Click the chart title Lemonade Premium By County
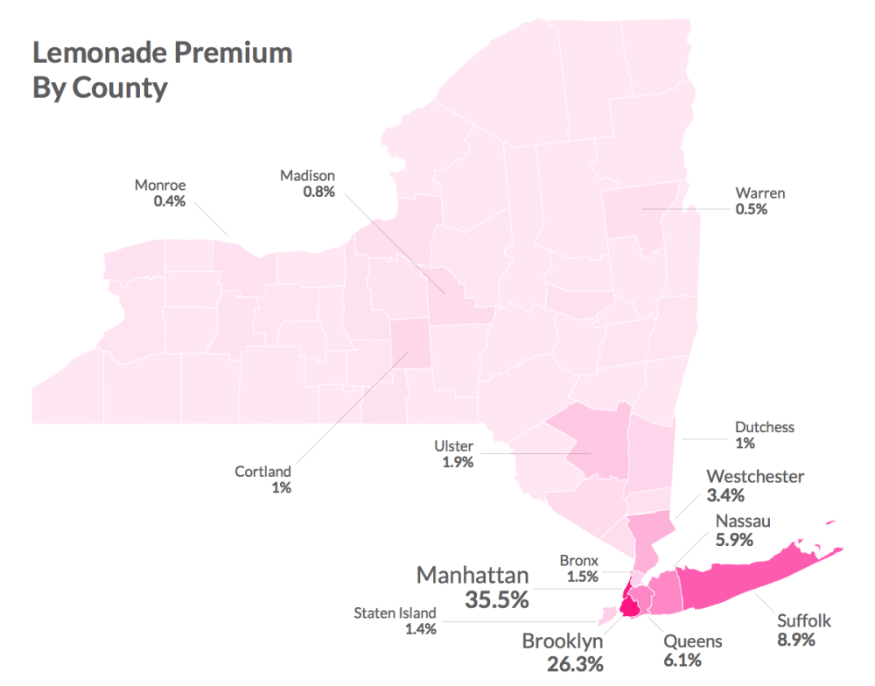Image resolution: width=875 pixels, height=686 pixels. click(162, 70)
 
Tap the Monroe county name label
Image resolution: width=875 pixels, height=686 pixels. click(160, 185)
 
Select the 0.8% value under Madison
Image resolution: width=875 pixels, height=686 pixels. click(319, 192)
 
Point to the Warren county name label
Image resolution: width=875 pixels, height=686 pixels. click(759, 193)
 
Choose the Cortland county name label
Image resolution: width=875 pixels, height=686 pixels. click(262, 472)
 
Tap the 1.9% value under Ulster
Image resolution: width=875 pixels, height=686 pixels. click(454, 462)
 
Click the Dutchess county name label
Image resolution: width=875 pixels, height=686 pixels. click(764, 427)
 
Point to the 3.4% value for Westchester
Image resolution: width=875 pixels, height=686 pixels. click(725, 496)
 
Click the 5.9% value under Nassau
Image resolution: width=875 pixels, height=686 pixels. click(734, 540)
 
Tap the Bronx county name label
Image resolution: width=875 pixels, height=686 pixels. click(578, 560)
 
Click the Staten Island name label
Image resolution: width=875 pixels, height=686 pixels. click(394, 612)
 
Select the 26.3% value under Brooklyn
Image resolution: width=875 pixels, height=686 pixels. click(563, 663)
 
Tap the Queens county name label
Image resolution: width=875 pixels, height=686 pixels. click(692, 641)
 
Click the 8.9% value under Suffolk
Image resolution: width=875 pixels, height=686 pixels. click(796, 640)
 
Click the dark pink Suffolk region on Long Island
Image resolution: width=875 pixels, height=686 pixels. click(744, 577)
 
